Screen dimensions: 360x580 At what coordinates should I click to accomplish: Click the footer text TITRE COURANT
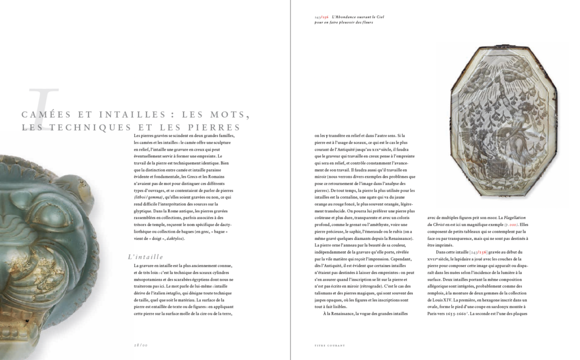330,344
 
